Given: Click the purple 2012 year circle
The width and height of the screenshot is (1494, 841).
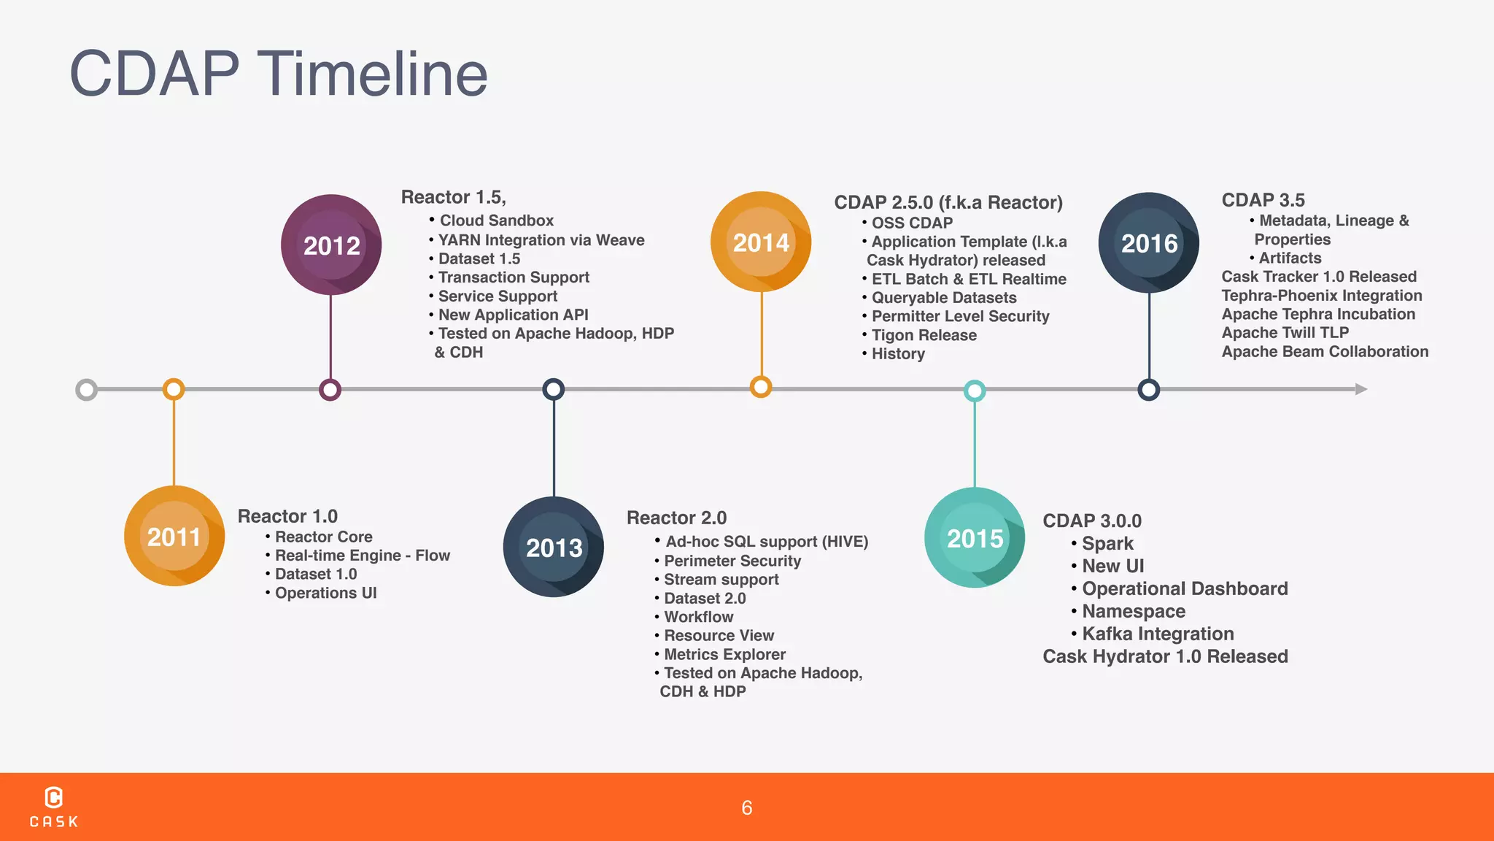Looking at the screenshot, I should (331, 245).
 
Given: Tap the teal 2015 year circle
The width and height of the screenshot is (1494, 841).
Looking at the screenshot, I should (975, 538).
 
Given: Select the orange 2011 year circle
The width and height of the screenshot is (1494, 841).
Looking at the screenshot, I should (174, 537).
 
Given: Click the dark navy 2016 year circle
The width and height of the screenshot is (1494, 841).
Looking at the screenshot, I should (1149, 243).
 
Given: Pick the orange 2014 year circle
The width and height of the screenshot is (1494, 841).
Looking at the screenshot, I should (761, 242).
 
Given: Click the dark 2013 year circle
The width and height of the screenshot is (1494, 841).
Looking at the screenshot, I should (554, 547).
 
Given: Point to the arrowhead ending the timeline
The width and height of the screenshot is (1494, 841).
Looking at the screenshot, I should (1361, 389).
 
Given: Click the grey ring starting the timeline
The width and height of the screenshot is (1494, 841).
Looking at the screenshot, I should (87, 390).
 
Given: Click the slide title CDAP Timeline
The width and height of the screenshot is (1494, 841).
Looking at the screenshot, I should (278, 74).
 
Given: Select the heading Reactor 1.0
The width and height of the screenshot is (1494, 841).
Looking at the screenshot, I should (287, 516).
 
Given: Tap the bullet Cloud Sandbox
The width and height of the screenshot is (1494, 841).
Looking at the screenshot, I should (496, 220).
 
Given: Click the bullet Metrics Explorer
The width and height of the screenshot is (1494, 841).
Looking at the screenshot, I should (724, 654).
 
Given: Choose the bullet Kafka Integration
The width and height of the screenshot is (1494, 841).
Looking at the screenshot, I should (1157, 634).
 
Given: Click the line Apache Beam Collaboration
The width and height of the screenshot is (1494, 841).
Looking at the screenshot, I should (1325, 351).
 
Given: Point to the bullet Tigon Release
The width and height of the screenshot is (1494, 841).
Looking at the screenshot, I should (924, 335).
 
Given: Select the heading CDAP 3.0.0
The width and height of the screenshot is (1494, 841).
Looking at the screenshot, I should (1092, 521).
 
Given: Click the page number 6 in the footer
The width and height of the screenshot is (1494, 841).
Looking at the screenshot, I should (746, 807).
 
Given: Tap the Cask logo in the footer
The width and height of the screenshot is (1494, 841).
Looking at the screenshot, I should (54, 807).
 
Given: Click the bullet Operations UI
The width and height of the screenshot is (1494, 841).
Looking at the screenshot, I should (325, 593).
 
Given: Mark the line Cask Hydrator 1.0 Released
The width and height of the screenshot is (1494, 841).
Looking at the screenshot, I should (1165, 656).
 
